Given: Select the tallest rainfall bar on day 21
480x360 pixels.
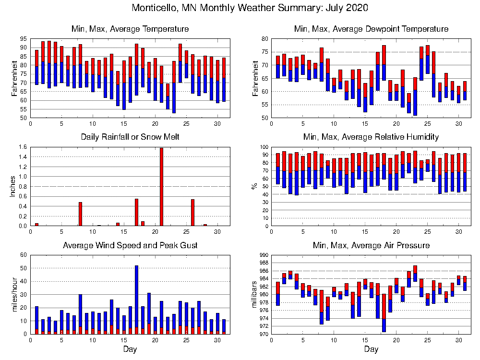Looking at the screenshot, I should [x=161, y=187].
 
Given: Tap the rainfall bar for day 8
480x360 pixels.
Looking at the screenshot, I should [x=81, y=214].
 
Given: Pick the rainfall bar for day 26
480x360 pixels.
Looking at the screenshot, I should [x=192, y=213].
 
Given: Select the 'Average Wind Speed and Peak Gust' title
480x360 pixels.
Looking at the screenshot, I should [x=130, y=245].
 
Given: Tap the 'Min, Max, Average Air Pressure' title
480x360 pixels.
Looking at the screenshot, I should [x=371, y=245].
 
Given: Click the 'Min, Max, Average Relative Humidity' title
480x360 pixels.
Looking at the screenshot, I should [x=371, y=137].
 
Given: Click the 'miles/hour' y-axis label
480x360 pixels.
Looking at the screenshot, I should [x=12, y=294].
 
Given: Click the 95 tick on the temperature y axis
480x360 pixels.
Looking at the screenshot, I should [x=24, y=39].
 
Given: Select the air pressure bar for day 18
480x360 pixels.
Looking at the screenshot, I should [x=384, y=312].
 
